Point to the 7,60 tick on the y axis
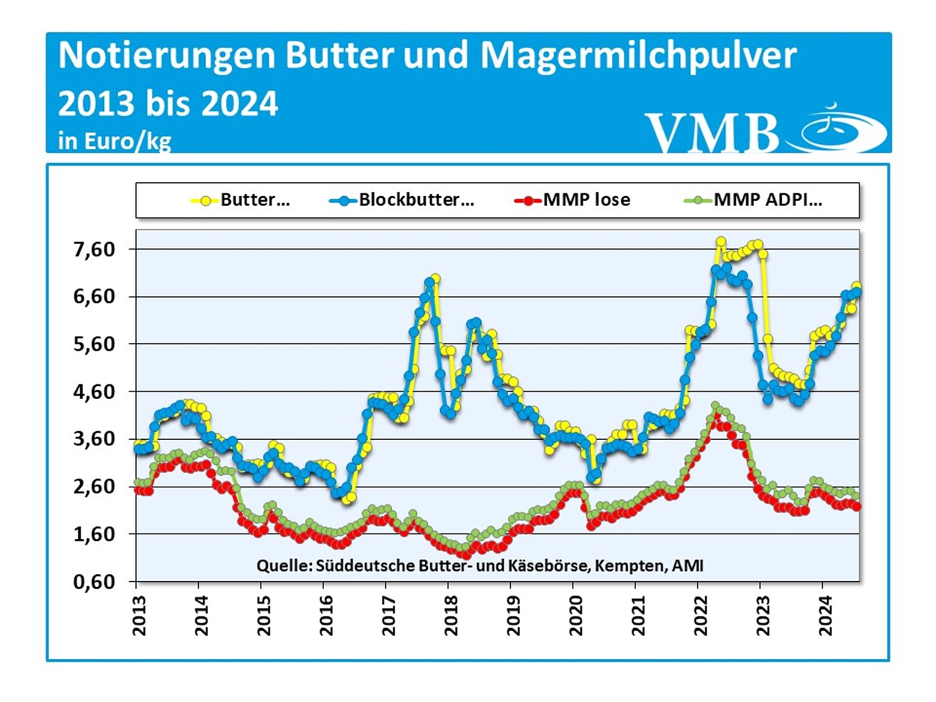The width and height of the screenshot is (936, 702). [94, 250]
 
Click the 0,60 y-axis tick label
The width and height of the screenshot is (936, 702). [94, 582]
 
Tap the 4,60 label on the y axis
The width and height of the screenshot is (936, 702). [94, 392]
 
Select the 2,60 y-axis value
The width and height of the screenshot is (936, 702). [94, 487]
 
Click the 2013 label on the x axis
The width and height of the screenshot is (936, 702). [139, 615]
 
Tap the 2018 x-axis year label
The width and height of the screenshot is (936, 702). [451, 615]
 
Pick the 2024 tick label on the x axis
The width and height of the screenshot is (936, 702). [826, 615]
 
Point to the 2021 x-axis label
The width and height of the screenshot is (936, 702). [638, 615]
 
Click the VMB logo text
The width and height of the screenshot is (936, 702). [711, 132]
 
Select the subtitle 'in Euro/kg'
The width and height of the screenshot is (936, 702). [114, 141]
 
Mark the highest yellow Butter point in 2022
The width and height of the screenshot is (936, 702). [721, 241]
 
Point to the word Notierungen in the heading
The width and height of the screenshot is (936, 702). [167, 55]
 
